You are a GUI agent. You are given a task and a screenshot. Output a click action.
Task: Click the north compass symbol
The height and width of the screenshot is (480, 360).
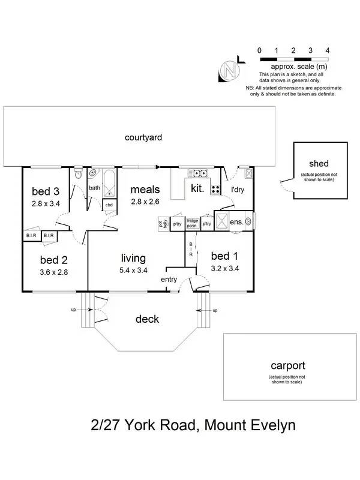[x=230, y=70]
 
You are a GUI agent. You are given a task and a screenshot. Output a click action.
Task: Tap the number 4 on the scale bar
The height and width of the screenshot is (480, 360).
[x=327, y=50]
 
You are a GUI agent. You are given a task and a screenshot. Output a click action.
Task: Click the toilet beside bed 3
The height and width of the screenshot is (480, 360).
[x=79, y=173]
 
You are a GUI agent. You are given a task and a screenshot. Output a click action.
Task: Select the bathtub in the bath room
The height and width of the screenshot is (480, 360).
[x=109, y=184]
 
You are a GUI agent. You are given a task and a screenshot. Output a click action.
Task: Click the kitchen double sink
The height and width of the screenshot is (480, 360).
[x=198, y=173]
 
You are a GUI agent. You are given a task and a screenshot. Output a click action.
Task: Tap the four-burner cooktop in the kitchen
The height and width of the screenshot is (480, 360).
[x=215, y=190]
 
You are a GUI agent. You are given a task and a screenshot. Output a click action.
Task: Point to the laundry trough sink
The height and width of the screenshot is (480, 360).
[x=248, y=173]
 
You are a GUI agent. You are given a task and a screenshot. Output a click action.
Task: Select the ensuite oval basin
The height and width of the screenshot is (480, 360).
[x=248, y=221]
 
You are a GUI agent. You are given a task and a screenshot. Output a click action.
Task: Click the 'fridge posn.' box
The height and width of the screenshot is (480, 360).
[x=193, y=223]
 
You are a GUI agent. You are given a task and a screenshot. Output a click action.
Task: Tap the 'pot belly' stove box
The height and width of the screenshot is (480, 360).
[x=163, y=224]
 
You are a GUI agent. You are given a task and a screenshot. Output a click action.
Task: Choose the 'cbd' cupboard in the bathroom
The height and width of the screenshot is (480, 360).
[x=109, y=205]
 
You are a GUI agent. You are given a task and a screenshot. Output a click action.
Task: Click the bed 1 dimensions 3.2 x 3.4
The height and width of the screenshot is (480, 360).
[x=225, y=268]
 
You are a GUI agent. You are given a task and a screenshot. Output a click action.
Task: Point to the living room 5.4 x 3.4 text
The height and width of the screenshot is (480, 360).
[x=133, y=271]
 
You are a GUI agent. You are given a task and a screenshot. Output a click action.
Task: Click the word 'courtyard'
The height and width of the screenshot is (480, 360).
[x=143, y=137]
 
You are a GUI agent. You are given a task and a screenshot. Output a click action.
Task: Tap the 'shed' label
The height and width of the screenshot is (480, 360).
[x=319, y=164]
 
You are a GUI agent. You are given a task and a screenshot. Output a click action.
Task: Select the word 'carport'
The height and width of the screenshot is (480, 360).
[x=288, y=366]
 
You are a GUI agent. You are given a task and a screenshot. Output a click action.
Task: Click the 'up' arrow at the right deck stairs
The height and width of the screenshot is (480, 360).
[x=203, y=310]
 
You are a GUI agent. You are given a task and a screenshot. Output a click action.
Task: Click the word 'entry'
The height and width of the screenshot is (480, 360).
[x=169, y=280]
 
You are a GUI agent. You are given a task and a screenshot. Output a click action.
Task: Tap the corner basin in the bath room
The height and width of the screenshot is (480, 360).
[x=93, y=173]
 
